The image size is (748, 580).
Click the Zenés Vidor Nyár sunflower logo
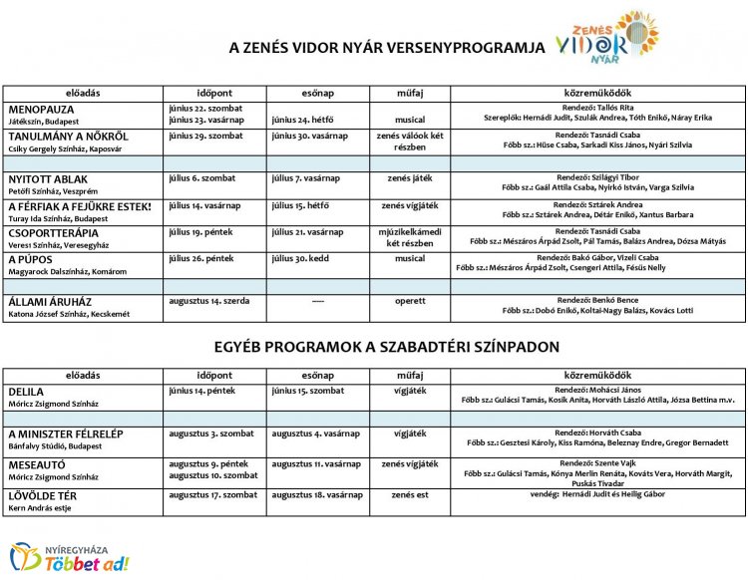tap(607, 41)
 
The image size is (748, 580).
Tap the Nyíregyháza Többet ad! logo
tap(70, 557)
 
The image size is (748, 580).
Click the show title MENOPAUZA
tap(41, 109)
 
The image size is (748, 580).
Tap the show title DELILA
tap(26, 392)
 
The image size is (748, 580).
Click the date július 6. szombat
tap(202, 178)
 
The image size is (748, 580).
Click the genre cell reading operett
tap(410, 300)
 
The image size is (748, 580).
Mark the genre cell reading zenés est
tap(410, 494)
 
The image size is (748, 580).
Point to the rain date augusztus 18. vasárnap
tap(316, 494)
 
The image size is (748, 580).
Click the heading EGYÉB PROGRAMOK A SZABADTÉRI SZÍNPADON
tap(373, 347)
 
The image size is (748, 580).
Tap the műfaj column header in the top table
tap(410, 93)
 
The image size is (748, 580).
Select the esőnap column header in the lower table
tap(317, 375)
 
